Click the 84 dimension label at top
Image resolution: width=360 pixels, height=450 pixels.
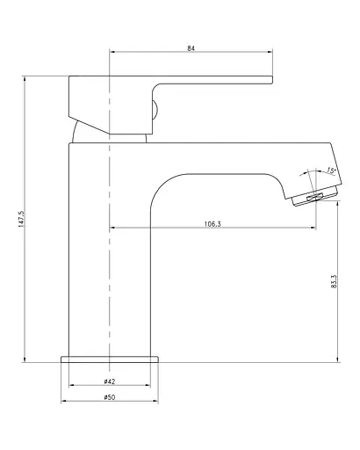(191, 48)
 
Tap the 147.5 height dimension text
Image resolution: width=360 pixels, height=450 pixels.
(21, 219)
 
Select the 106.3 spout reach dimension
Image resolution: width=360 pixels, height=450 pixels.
(212, 224)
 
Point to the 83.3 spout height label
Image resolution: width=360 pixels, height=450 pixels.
(334, 281)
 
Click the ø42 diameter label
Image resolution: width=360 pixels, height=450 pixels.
(110, 381)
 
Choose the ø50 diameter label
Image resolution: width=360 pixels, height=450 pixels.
(110, 397)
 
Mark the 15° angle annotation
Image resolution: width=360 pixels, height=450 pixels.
(331, 171)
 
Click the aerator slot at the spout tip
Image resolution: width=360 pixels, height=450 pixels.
(314, 197)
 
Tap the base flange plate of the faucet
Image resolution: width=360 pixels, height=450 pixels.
(110, 359)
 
